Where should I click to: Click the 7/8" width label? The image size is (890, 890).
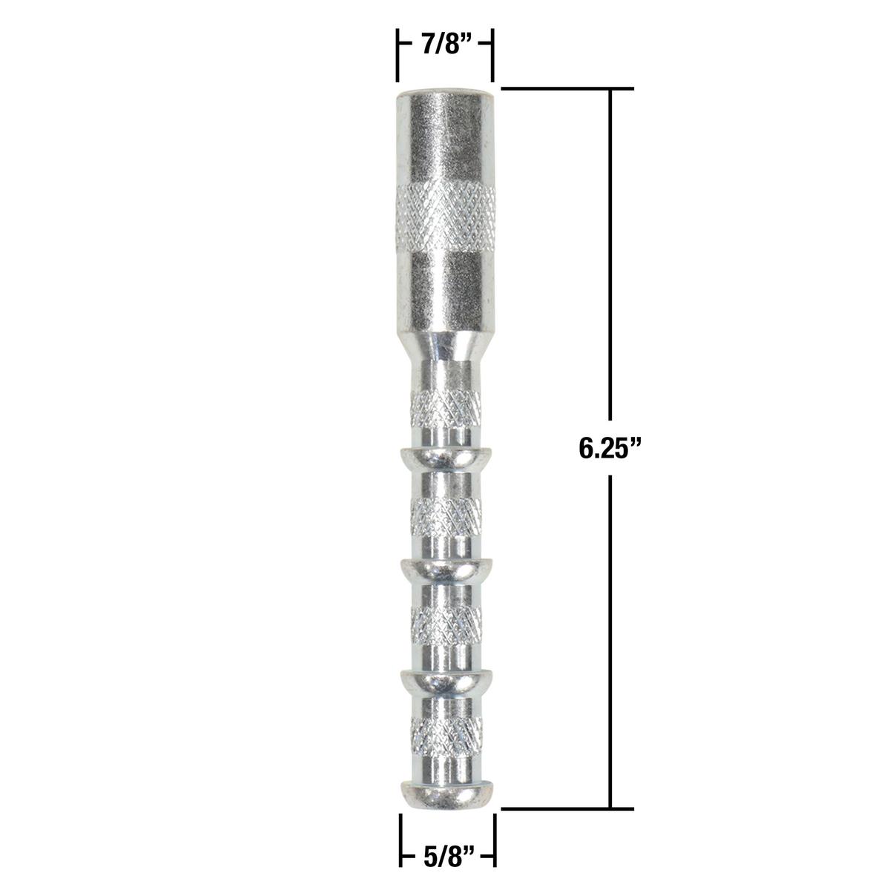[445, 44]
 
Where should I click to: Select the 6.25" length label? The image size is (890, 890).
[610, 449]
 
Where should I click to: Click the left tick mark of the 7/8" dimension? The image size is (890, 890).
[398, 56]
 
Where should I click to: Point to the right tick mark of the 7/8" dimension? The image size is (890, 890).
[492, 56]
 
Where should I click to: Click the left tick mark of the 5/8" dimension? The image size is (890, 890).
[400, 840]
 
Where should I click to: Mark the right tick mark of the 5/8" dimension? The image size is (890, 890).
[494, 840]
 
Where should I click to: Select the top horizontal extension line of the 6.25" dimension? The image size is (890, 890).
[567, 89]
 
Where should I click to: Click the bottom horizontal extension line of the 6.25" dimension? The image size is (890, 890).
[567, 808]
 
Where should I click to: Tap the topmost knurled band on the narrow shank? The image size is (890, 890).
[445, 406]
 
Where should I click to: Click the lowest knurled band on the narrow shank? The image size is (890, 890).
[445, 734]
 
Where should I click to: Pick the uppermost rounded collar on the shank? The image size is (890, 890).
[445, 460]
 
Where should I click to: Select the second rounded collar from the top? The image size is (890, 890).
[445, 570]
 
